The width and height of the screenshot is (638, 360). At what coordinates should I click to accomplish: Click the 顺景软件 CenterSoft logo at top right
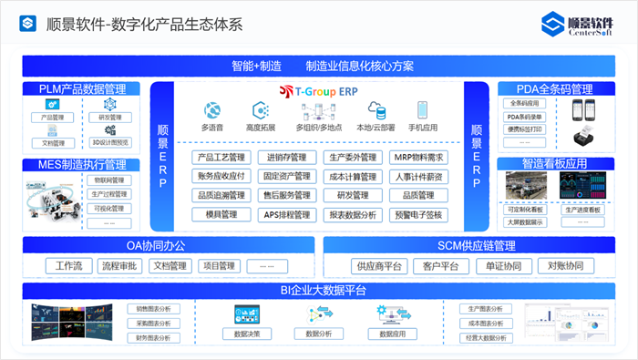578,26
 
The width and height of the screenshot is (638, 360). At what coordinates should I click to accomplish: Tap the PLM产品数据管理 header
82,89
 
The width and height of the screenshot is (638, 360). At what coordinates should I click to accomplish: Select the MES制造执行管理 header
82,165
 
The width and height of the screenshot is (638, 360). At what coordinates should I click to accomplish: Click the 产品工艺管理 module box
221,158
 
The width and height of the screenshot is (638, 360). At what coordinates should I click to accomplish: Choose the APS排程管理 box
286,215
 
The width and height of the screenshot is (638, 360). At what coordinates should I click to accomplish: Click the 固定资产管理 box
286,177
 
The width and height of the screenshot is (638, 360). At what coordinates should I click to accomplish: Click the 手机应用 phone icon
423,110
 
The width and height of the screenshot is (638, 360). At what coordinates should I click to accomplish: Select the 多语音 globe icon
211,110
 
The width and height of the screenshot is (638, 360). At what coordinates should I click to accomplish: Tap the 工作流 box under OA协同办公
68,266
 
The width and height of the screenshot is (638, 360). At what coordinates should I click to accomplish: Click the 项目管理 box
219,266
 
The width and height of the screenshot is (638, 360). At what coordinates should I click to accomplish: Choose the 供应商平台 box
378,266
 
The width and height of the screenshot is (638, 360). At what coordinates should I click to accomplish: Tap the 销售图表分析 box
153,309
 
